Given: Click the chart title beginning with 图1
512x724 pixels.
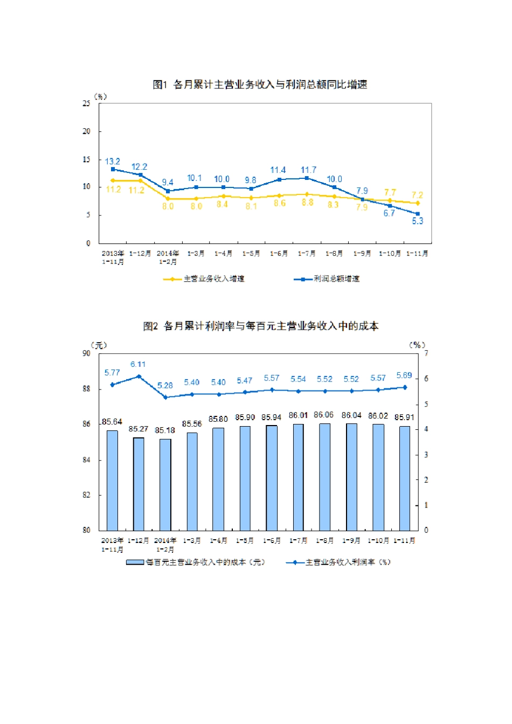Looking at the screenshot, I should pos(260,85).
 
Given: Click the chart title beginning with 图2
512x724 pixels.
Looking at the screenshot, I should pos(261,326).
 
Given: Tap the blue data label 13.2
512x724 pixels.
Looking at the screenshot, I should pos(113,161).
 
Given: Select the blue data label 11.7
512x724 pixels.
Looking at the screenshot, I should pos(308,170).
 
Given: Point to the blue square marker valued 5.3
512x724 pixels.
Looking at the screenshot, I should pos(418,213).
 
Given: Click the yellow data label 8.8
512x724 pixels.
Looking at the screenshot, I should pos(307,203).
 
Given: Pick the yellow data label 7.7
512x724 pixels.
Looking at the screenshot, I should pos(390,192).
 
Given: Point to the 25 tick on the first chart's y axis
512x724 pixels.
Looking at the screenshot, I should pos(86,103).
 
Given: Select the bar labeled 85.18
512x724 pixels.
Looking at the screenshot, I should pos(165,484).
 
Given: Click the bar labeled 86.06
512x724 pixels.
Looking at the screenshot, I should pos(324,477).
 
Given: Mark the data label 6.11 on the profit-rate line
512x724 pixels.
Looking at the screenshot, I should pos(138,364).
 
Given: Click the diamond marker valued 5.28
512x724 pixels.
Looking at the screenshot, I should pos(165,397).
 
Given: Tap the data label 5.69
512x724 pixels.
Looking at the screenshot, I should pos(404,375).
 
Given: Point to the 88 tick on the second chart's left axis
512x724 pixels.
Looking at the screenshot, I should pos(86,388).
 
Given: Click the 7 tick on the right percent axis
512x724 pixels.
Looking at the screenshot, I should pos(426,353).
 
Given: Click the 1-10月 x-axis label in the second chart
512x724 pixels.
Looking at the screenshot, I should pos(378,540).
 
